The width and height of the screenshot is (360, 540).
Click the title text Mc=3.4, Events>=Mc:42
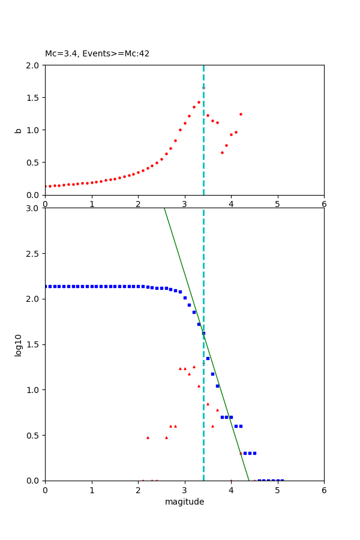(97, 54)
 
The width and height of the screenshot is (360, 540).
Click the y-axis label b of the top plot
(19, 130)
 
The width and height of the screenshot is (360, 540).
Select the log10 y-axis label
(19, 345)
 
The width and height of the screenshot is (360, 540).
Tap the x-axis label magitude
(184, 502)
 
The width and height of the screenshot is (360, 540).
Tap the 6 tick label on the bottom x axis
(324, 490)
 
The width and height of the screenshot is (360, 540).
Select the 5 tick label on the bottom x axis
(277, 490)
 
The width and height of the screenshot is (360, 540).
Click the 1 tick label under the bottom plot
(92, 490)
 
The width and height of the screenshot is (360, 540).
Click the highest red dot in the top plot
(203, 88)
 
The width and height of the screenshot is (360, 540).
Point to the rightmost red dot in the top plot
(241, 114)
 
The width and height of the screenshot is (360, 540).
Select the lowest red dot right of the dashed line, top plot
(222, 152)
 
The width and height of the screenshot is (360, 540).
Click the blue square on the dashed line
(203, 333)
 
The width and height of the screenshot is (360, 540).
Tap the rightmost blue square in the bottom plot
(282, 480)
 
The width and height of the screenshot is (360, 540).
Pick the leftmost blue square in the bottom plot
(46, 286)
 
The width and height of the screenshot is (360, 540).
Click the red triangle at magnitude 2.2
(148, 437)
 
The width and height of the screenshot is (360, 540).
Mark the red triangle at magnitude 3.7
(217, 410)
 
